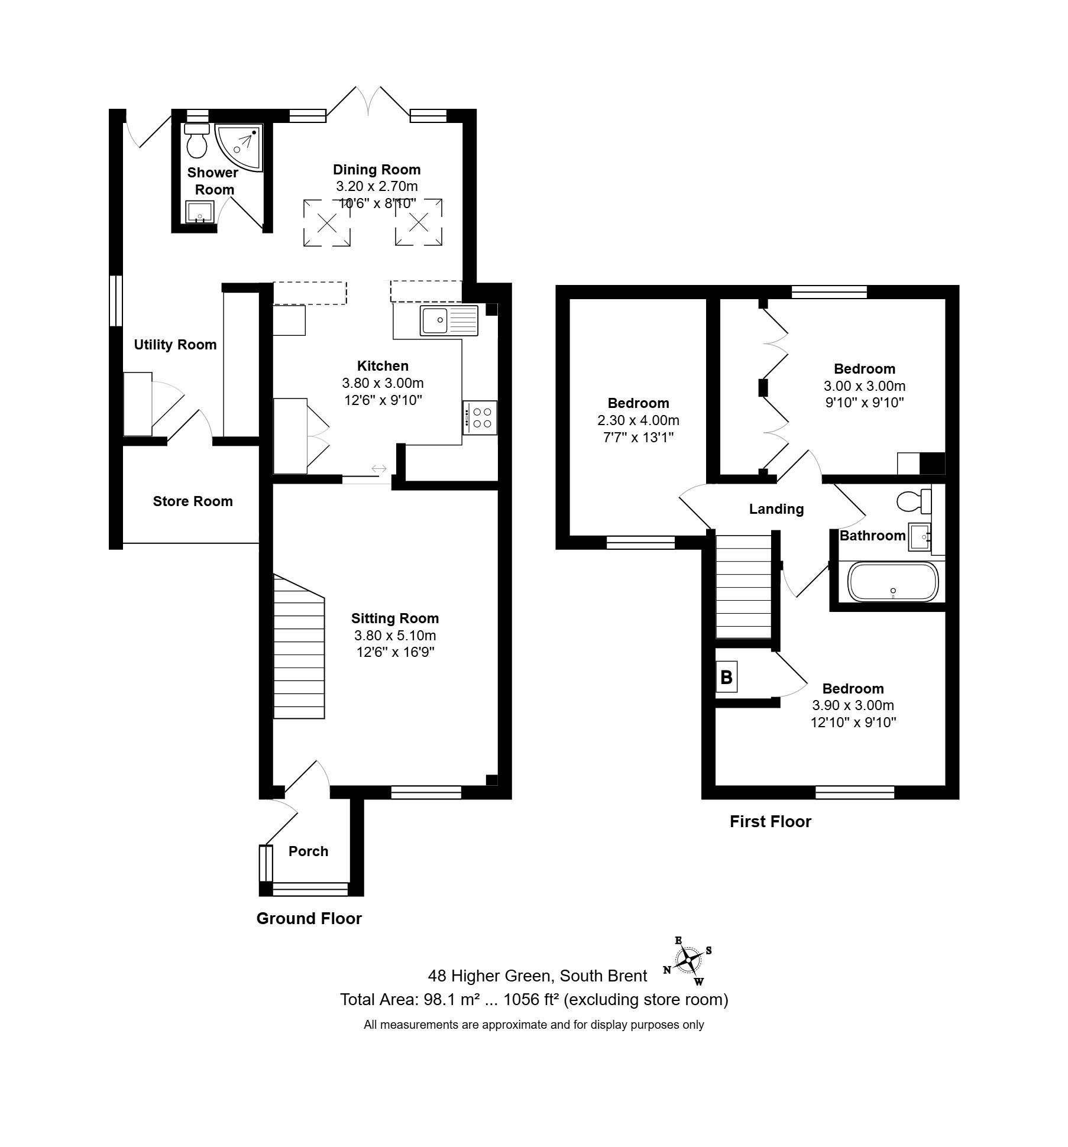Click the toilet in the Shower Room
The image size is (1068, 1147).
pos(196,140)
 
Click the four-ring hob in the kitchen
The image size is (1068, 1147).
pos(480,418)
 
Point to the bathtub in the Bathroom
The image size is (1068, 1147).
pos(893,581)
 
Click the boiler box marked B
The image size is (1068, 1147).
pos(727,676)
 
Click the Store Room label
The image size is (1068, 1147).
pos(193,501)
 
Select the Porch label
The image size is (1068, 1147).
pos(308,851)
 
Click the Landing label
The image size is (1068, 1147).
pos(776,509)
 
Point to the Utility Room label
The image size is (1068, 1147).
pos(175,345)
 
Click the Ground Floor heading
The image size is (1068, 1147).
pos(309,918)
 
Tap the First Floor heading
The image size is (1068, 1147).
pos(771,821)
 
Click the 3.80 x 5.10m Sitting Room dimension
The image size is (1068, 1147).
pos(395,636)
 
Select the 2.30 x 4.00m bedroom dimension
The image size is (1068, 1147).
pos(639,420)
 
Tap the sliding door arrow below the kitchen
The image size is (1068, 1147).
pos(379,469)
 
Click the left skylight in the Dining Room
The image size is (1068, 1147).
pos(327,223)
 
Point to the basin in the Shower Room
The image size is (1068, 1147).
pos(199,212)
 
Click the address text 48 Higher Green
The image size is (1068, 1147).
pos(490,976)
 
